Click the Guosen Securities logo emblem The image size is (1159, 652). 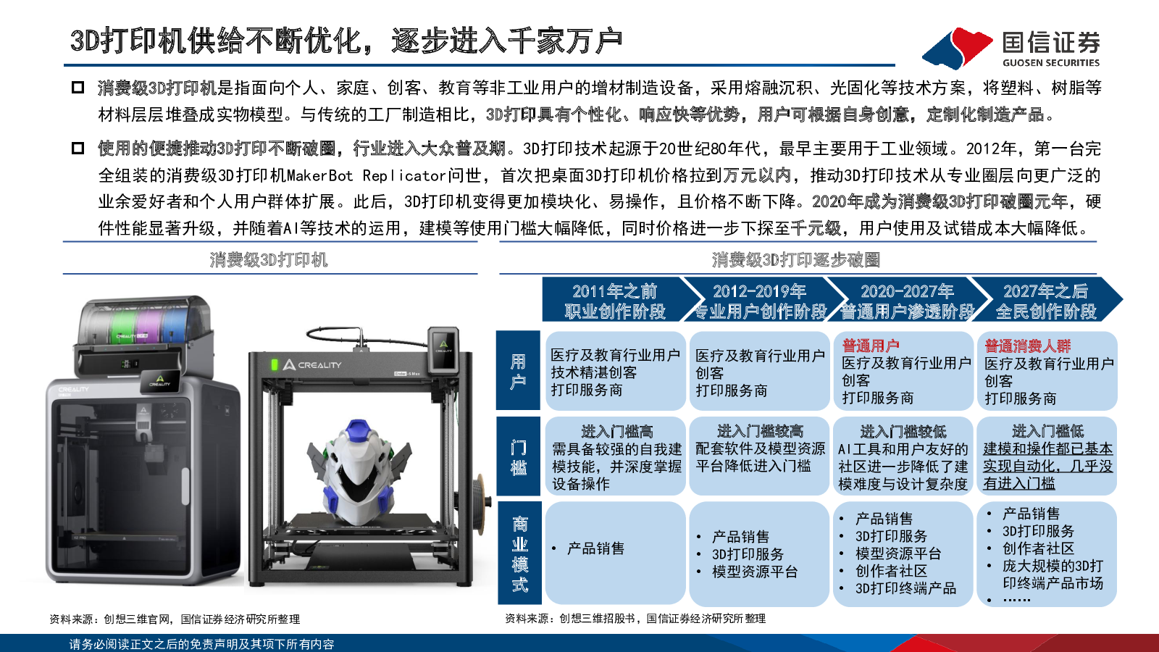click(x=957, y=48)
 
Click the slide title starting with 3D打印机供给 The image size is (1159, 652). click(x=346, y=41)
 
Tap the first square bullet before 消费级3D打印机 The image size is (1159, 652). click(x=78, y=88)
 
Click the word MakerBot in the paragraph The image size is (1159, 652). click(x=319, y=175)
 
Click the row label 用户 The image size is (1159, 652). click(x=518, y=371)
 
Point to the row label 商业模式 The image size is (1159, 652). click(x=519, y=553)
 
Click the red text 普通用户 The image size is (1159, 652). click(x=870, y=345)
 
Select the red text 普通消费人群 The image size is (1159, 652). click(x=1028, y=345)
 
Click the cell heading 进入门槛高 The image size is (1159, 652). click(x=616, y=431)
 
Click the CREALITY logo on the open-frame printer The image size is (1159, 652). click(x=312, y=365)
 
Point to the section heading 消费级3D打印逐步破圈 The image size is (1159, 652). click(x=796, y=260)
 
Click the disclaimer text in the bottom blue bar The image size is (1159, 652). click(x=202, y=644)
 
